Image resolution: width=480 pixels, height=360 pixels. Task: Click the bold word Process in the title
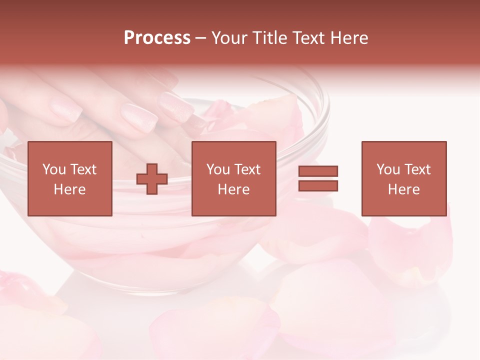click(x=157, y=38)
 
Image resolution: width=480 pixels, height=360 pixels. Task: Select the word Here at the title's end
click(x=350, y=38)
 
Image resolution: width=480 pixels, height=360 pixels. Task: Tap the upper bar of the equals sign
click(x=318, y=171)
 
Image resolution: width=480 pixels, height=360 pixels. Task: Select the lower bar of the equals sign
click(x=318, y=186)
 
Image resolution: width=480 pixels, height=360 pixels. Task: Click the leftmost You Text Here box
click(x=70, y=178)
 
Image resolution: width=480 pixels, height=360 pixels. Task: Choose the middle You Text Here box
click(x=233, y=178)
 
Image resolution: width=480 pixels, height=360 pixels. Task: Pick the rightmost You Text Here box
click(x=404, y=178)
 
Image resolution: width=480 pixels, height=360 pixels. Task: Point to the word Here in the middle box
click(x=233, y=189)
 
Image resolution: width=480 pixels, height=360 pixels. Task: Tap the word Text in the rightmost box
click(x=417, y=169)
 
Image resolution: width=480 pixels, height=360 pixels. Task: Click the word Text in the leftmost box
click(x=83, y=169)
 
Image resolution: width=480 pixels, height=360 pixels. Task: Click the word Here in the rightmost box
click(x=404, y=189)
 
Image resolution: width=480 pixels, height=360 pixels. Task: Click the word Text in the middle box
click(x=247, y=169)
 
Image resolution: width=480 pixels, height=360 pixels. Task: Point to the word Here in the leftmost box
click(x=70, y=189)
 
